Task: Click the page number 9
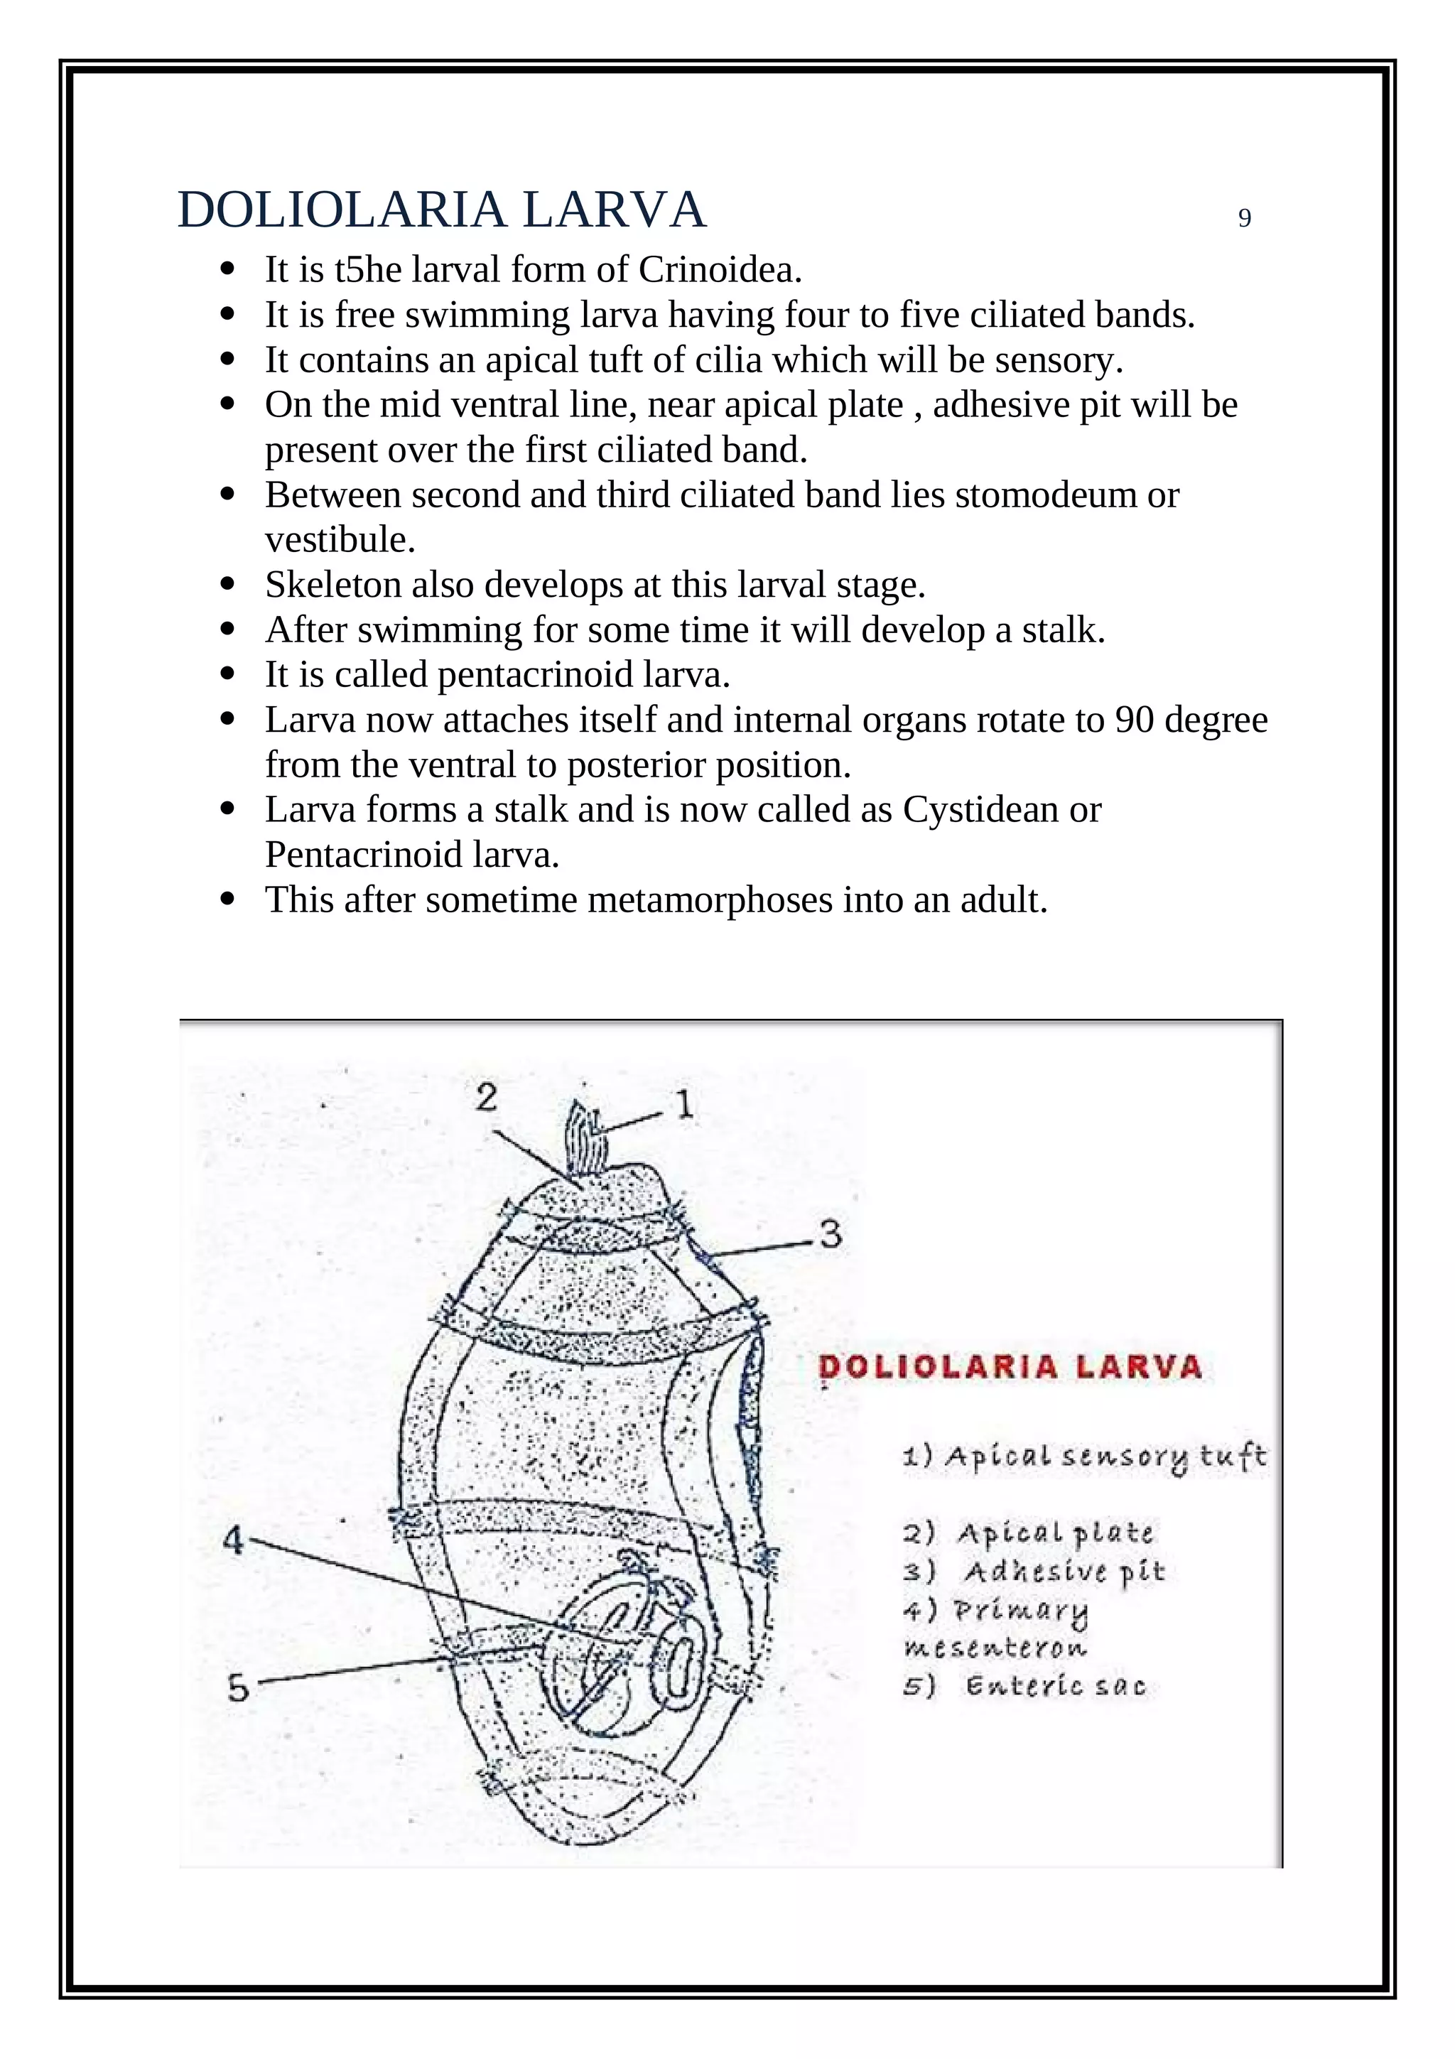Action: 1243,219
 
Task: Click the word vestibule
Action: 340,540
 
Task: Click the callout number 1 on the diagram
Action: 684,1105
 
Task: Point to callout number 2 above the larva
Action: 486,1097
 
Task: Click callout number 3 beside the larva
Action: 830,1234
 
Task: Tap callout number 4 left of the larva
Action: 233,1540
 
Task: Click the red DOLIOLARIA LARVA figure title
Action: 1010,1367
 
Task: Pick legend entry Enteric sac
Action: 1054,1685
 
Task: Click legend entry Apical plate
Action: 1054,1533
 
